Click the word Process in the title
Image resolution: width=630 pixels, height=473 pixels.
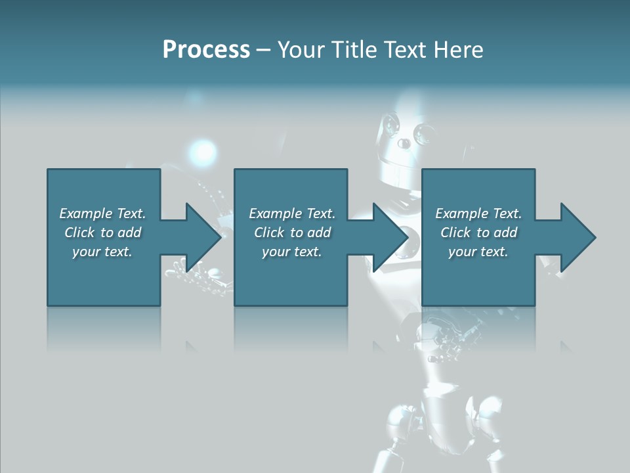coord(206,50)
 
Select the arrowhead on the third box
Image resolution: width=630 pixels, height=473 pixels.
coord(577,237)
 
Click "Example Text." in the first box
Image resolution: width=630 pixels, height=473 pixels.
coord(102,214)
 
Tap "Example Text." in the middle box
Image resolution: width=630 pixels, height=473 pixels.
coord(292,214)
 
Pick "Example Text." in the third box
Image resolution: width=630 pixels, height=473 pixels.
coord(478,214)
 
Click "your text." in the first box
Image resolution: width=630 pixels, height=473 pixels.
coord(102,252)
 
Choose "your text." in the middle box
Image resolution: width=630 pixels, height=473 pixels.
coord(292,252)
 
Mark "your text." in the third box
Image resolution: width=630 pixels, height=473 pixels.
coord(478,252)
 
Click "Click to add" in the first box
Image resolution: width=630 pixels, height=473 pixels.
coord(102,233)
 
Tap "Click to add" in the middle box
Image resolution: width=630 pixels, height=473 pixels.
coord(292,233)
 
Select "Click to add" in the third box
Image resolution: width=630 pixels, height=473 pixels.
coord(478,233)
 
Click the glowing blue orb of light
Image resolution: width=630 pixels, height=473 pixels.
coord(204,152)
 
